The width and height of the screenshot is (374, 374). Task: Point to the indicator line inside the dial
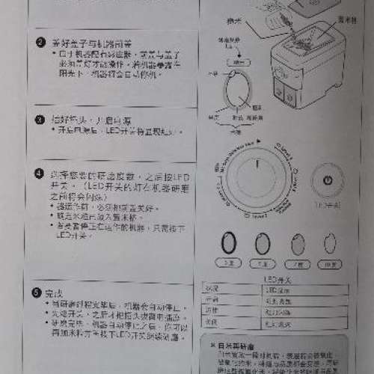click(x=255, y=165)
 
